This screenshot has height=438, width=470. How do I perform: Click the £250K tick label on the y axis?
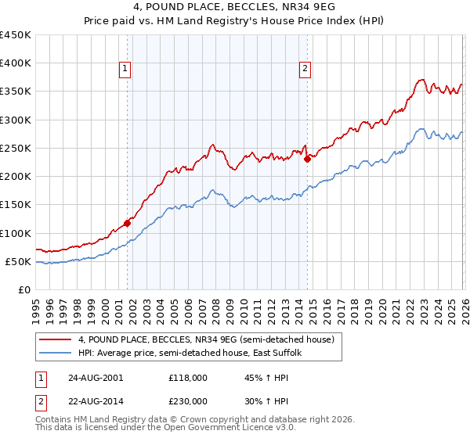[15, 148]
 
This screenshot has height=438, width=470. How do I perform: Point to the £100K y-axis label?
[15, 233]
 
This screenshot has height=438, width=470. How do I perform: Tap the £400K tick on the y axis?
[15, 63]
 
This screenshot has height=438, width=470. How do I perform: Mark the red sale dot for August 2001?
[127, 223]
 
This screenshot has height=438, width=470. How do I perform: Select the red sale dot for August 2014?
[307, 159]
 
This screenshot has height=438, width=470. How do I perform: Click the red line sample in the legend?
[56, 339]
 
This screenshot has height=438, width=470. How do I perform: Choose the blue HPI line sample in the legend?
[56, 353]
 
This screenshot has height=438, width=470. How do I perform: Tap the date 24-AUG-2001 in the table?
[96, 377]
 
